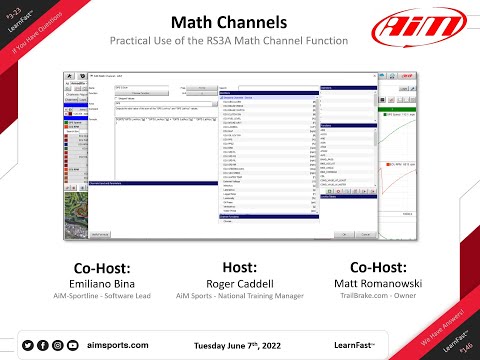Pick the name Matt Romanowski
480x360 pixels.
[x=386, y=284]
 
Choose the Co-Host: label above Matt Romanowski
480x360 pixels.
[x=386, y=268]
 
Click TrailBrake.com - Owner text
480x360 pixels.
[x=386, y=297]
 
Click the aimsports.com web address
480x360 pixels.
[x=116, y=344]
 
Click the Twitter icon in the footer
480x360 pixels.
[x=28, y=344]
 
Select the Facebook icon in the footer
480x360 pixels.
[x=42, y=344]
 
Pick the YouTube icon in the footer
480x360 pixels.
[x=71, y=344]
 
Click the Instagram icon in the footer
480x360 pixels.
[x=56, y=344]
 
